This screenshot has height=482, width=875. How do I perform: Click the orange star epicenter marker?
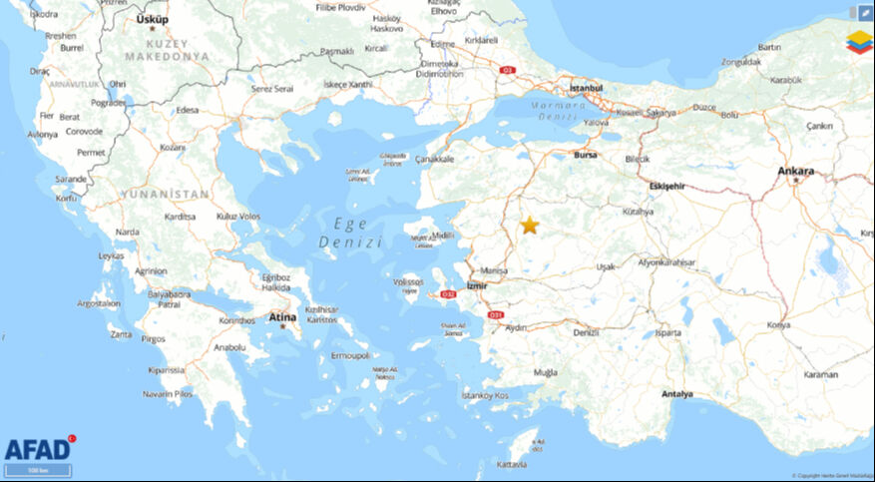529,226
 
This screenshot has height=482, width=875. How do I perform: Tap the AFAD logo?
37,448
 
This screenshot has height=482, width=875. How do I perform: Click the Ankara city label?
796,171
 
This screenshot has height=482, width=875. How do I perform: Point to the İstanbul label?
586,88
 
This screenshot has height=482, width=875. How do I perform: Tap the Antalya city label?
676,394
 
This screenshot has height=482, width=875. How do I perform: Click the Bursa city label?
586,155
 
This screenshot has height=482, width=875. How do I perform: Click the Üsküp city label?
153,19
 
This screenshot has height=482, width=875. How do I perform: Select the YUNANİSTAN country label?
165,194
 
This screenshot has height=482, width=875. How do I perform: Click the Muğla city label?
546,372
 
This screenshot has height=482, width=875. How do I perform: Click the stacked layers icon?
859,42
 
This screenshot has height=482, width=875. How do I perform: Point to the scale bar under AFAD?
37,470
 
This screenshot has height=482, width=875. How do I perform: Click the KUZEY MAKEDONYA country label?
164,51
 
